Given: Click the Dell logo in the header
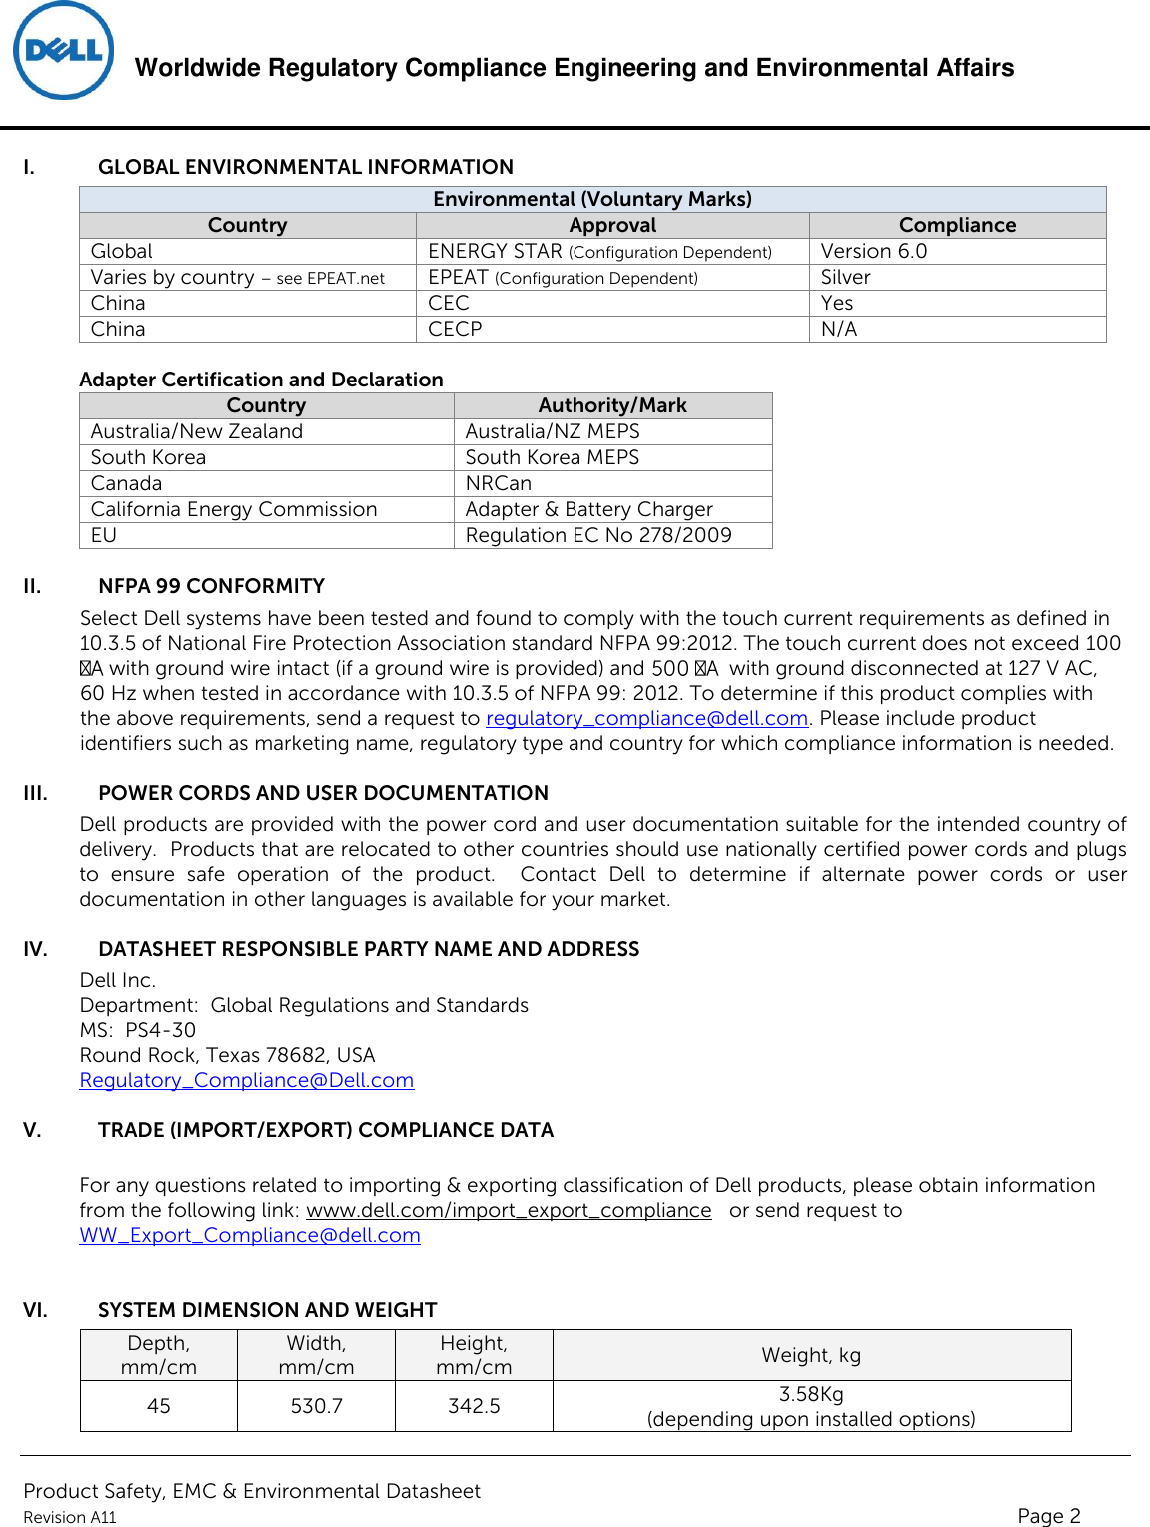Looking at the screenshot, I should click(x=63, y=51).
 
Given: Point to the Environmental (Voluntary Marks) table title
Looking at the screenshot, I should click(x=591, y=199).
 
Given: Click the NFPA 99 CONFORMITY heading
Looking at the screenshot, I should click(x=211, y=586).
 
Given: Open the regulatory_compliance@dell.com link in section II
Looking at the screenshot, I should click(x=646, y=718).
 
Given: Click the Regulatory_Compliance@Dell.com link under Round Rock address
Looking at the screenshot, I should click(x=246, y=1080).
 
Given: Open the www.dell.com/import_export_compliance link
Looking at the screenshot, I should click(x=509, y=1210).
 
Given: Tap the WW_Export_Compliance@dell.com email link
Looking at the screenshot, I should click(x=250, y=1235).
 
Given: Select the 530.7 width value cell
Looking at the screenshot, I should click(x=316, y=1406).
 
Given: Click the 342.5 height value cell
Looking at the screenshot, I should click(x=474, y=1406).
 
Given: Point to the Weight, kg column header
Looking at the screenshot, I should click(x=811, y=1355).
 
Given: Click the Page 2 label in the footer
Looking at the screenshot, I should click(x=1048, y=1515).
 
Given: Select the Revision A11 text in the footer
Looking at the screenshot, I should click(x=70, y=1517).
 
